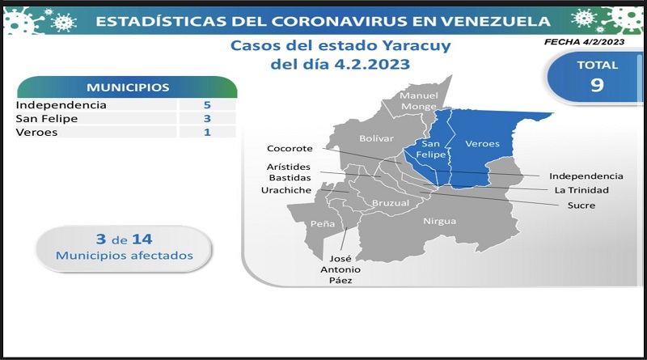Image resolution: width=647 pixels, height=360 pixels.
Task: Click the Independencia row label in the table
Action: coord(61,105)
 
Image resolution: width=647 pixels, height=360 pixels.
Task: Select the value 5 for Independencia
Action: coord(207,105)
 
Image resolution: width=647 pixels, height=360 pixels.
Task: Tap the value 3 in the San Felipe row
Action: coord(207,118)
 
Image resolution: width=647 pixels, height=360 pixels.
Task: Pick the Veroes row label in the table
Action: coord(36,132)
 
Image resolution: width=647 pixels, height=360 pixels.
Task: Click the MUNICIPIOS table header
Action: coord(128,87)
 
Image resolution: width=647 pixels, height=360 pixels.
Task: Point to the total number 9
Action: coord(597,85)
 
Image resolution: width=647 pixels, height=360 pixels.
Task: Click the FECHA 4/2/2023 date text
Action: coord(584,42)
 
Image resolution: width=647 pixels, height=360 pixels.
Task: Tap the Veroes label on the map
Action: coord(482,144)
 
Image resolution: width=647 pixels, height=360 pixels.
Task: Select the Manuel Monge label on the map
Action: coord(419,101)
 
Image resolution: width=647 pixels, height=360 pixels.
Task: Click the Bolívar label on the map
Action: coord(376,138)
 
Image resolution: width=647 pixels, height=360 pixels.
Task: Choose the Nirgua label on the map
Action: coord(440,222)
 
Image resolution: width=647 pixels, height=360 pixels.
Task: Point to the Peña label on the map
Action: coord(323,224)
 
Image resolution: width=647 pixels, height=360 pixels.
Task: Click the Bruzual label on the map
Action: coord(391,203)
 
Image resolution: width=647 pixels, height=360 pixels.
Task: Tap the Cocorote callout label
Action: coord(290,149)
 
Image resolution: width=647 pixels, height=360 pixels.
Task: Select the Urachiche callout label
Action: coord(286,190)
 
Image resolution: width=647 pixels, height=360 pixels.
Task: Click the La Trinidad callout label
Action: coord(581,190)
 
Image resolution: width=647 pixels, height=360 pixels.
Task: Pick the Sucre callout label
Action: coord(581,205)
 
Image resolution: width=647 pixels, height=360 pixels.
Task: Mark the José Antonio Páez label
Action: coord(340,269)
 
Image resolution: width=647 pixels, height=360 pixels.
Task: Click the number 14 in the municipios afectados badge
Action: coord(142,239)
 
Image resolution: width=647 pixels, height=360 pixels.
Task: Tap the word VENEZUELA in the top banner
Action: coord(495,22)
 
